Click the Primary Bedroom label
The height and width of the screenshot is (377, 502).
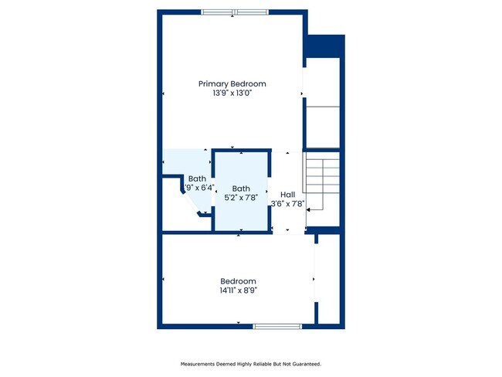[x=232, y=83]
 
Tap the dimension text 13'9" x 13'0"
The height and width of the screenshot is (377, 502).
[x=232, y=93]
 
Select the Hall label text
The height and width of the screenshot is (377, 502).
[x=287, y=195]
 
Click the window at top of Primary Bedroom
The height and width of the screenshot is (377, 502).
[x=236, y=12]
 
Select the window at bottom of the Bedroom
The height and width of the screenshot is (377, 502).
[x=277, y=326]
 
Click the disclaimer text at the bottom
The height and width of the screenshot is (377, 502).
[x=250, y=364]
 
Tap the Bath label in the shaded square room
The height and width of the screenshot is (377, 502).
[x=241, y=188]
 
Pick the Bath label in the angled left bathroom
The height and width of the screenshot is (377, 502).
[x=197, y=178]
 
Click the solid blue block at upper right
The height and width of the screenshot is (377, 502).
[x=324, y=46]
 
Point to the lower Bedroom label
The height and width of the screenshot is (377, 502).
[x=238, y=281]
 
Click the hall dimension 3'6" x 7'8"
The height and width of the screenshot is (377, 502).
[x=288, y=205]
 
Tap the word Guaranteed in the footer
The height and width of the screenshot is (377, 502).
[x=304, y=364]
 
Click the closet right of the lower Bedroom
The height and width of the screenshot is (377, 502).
[x=329, y=280]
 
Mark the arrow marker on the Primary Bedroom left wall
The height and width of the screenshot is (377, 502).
[x=163, y=94]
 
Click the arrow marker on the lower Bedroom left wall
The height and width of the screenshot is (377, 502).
[x=163, y=278]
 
